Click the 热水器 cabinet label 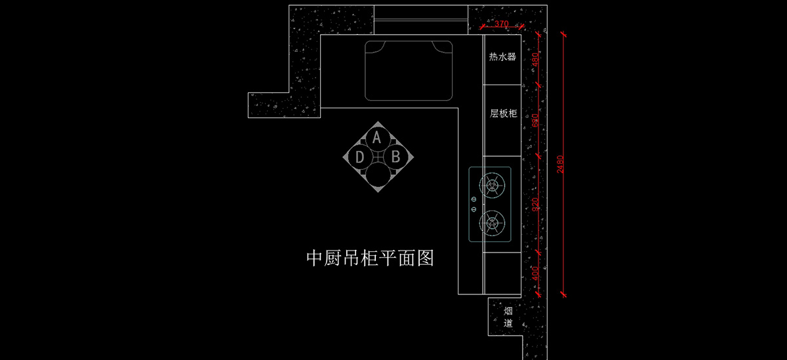(x=502, y=57)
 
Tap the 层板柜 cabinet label (x=503, y=113)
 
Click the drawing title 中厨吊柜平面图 (x=371, y=258)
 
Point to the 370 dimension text (x=502, y=24)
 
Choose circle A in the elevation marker (x=376, y=138)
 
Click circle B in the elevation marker (x=395, y=157)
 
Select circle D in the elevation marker (x=359, y=157)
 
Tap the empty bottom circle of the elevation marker (x=377, y=175)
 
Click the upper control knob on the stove (x=474, y=197)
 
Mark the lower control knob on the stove (x=474, y=209)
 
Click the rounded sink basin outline (x=409, y=70)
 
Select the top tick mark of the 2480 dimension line (x=563, y=34)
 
